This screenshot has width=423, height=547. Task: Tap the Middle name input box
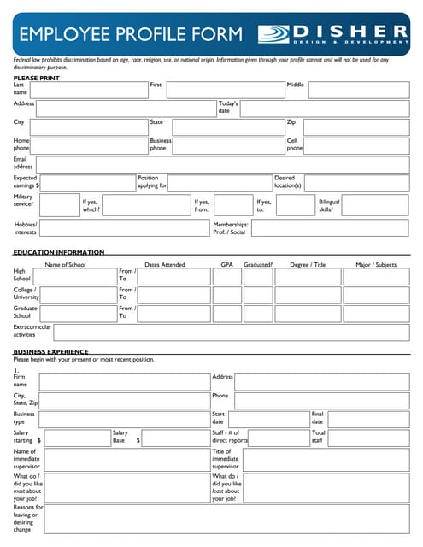pyautogui.click(x=358, y=90)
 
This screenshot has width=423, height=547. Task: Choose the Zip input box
pyautogui.click(x=355, y=127)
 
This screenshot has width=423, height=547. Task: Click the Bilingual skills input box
pyautogui.click(x=377, y=205)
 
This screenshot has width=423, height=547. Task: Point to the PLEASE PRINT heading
pyautogui.click(x=37, y=78)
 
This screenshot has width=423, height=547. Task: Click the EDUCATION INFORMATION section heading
pyautogui.click(x=59, y=252)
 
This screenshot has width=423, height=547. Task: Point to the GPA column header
pyautogui.click(x=226, y=265)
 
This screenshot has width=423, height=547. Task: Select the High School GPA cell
pyautogui.click(x=226, y=277)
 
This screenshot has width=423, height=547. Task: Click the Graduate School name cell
pyautogui.click(x=74, y=314)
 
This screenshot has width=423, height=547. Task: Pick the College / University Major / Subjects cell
pyautogui.click(x=375, y=296)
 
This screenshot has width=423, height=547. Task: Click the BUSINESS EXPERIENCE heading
pyautogui.click(x=50, y=351)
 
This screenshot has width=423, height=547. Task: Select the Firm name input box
pyautogui.click(x=123, y=382)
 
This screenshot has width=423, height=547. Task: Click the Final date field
pyautogui.click(x=368, y=420)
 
